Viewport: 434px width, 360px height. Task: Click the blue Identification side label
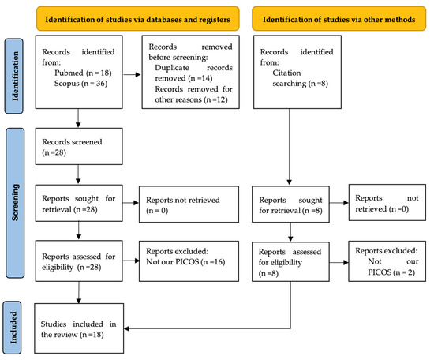(x=14, y=76)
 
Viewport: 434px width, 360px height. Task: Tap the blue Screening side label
(x=15, y=203)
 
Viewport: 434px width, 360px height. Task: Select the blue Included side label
(x=12, y=328)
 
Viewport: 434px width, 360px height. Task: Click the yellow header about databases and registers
(x=138, y=19)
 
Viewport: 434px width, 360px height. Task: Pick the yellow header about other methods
(x=339, y=19)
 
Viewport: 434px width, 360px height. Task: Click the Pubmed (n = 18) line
(x=83, y=73)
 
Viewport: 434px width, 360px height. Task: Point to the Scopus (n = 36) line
(x=80, y=84)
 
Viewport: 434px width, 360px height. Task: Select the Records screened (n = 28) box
(x=79, y=146)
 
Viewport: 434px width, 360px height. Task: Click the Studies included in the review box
(x=79, y=328)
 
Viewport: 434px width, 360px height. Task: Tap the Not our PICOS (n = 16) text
(x=185, y=261)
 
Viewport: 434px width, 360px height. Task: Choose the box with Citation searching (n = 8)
(x=297, y=72)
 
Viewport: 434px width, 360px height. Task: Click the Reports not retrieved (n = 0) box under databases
(x=189, y=204)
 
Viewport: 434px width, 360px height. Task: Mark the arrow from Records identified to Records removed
(x=132, y=74)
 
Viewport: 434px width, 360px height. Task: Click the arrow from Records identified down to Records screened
(x=78, y=118)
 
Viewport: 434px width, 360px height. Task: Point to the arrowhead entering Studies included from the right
(x=126, y=328)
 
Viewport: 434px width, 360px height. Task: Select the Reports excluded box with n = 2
(x=387, y=261)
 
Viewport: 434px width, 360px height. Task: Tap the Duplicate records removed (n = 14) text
(x=194, y=73)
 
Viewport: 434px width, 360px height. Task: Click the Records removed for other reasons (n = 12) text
(x=194, y=94)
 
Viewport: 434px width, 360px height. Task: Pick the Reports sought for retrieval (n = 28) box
(x=79, y=203)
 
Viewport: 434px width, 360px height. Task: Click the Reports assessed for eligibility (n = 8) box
(x=290, y=261)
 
